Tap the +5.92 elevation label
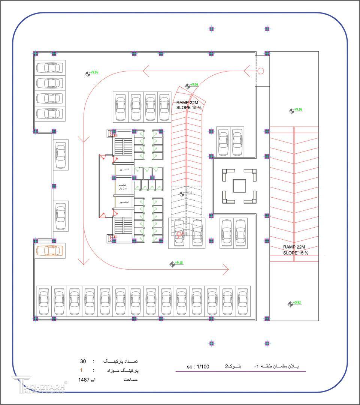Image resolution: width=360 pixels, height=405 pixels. [x=297, y=302]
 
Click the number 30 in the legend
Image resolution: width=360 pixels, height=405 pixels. [x=83, y=361]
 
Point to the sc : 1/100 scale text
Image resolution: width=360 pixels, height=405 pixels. [x=198, y=366]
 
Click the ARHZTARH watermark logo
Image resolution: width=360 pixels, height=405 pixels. [x=39, y=385]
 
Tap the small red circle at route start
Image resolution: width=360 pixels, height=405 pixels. [x=261, y=70]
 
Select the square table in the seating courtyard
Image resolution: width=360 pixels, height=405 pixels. [x=239, y=186]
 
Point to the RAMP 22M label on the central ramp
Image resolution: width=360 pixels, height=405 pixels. [x=189, y=102]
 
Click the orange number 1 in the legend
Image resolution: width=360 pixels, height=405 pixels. [x=81, y=370]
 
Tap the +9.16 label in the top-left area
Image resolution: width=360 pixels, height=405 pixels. [x=94, y=72]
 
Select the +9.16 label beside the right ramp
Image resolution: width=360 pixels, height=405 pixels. [x=298, y=109]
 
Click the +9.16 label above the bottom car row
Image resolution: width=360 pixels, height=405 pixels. [x=179, y=262]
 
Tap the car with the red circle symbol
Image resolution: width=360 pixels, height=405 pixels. [x=179, y=233]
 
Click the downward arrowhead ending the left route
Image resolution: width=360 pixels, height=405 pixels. [x=83, y=261]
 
